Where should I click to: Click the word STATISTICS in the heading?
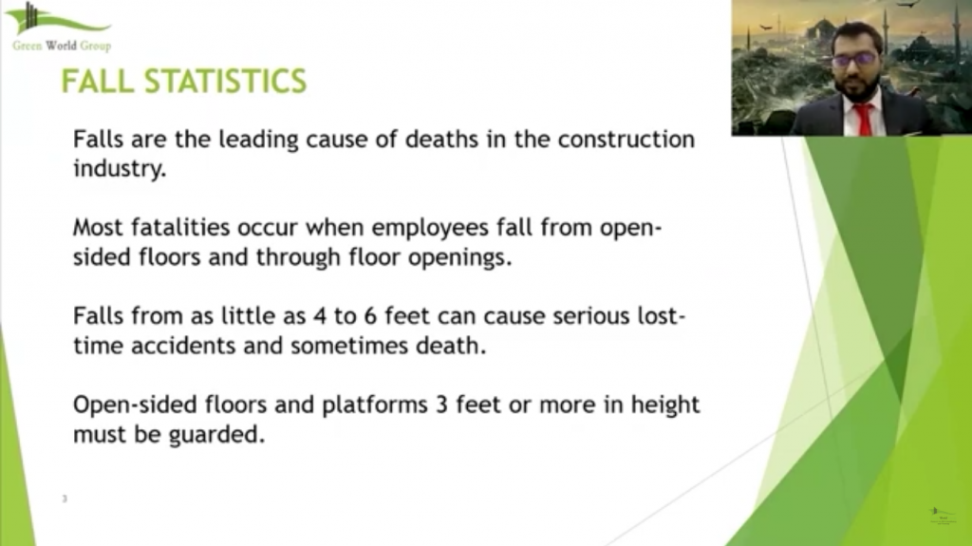[x=226, y=82]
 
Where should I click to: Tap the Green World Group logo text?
[x=62, y=46]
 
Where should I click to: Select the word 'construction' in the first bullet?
[x=626, y=139]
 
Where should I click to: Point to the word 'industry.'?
[x=120, y=168]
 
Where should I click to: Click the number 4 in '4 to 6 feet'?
[x=320, y=316]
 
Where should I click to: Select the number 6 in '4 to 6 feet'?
[x=370, y=316]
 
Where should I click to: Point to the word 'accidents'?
[x=183, y=346]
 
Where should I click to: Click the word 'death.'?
[x=451, y=345]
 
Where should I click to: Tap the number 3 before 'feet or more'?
[x=442, y=405]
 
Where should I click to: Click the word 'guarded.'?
[x=217, y=435]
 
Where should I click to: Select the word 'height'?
[x=665, y=405]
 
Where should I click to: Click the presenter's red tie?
[x=863, y=120]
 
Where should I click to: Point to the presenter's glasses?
[x=854, y=60]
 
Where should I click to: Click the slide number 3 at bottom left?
[x=65, y=499]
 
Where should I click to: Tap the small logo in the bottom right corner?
[x=943, y=516]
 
